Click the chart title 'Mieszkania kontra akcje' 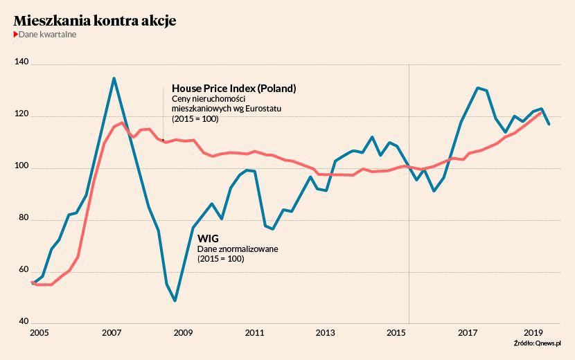click(x=95, y=21)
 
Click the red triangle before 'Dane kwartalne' click(x=16, y=34)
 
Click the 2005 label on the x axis click(x=39, y=333)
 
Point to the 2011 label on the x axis click(x=254, y=333)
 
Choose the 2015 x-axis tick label click(x=397, y=333)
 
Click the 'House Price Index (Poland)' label click(x=233, y=89)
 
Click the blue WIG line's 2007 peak click(x=114, y=78)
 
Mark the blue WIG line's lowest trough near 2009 click(x=175, y=300)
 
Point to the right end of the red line click(x=542, y=112)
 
